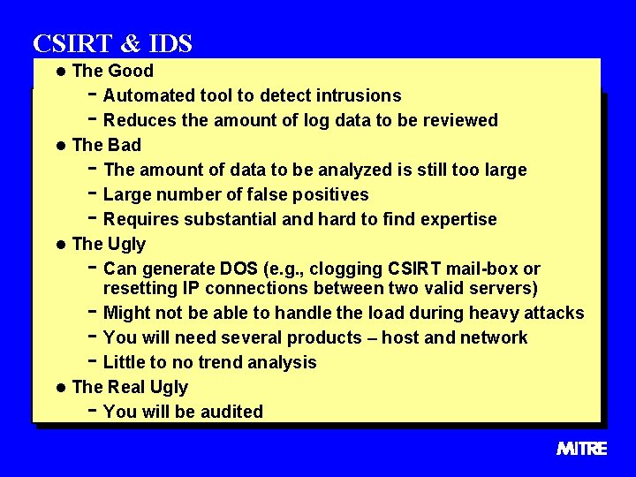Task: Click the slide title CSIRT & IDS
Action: (112, 43)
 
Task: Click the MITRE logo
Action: (582, 449)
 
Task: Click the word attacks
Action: (553, 313)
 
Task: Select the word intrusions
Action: (360, 95)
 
